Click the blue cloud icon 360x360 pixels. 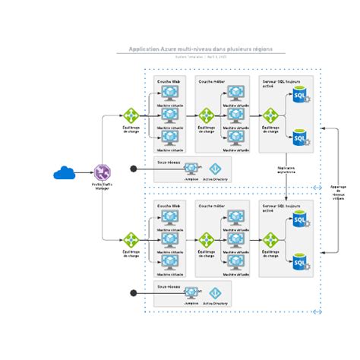tap(63, 173)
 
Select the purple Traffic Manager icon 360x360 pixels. tap(103, 173)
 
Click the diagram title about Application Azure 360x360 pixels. tap(201, 47)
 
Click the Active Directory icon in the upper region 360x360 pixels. tap(215, 168)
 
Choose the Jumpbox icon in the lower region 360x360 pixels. tap(191, 292)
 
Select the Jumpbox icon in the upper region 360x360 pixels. tap(191, 168)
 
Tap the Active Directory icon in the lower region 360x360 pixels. tap(215, 292)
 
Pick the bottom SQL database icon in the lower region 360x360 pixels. tap(300, 262)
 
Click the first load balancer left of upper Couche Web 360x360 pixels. tap(131, 115)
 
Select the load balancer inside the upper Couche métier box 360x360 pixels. tap(205, 115)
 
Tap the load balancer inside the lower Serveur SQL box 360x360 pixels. tap(270, 239)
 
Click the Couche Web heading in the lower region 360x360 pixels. tap(169, 204)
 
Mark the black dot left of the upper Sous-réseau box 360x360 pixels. tap(134, 169)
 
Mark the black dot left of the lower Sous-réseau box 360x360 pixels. tap(134, 292)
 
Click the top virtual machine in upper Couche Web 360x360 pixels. tap(169, 93)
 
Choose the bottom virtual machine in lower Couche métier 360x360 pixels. tap(235, 262)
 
